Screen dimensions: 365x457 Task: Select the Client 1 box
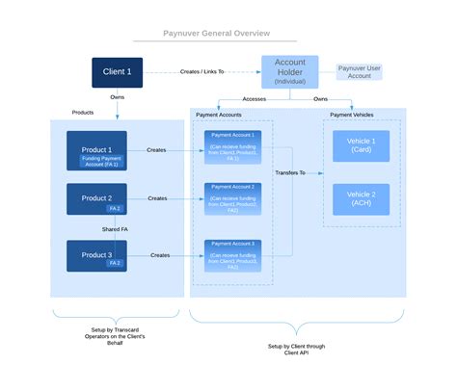(118, 71)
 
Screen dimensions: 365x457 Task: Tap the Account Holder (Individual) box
(289, 71)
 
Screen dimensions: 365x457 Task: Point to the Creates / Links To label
(202, 71)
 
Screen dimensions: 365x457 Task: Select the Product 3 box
(96, 255)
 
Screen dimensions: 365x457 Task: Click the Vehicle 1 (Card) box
(361, 145)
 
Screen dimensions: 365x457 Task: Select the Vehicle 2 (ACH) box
(361, 198)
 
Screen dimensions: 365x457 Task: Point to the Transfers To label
(289, 173)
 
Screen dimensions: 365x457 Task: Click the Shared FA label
(116, 228)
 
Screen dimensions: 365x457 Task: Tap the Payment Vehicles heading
(352, 115)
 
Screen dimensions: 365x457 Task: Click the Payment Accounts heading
(219, 115)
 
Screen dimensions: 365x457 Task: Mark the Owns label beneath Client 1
(117, 96)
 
